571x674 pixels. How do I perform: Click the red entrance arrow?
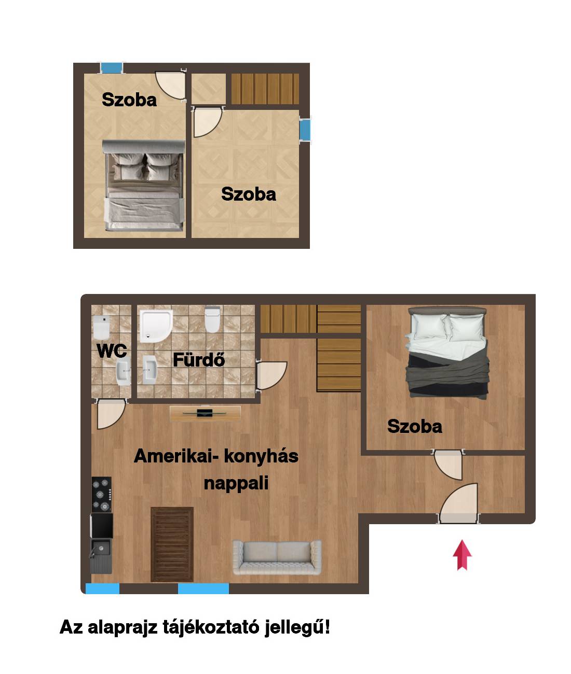462,555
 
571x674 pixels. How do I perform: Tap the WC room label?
112,351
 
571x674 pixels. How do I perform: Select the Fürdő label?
199,360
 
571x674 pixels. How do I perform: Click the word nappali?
236,484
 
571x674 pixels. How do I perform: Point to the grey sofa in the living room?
277,557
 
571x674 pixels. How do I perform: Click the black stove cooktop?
102,494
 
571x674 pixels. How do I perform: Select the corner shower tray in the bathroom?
156,326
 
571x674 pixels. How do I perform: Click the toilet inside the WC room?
102,327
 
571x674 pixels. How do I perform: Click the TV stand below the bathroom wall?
205,413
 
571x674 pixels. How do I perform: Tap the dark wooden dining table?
172,544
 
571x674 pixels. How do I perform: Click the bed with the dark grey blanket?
447,352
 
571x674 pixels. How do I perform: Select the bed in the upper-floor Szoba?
144,185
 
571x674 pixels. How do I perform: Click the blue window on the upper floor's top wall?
112,68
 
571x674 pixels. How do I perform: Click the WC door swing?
111,414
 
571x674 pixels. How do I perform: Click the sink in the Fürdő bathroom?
150,370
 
